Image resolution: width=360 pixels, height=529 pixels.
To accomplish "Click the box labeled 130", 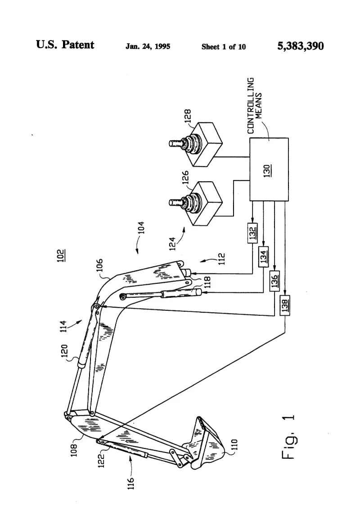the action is pos(269,169).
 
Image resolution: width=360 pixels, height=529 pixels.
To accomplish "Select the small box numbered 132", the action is pos(252,233).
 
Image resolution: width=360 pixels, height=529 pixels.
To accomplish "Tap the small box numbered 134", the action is pos(264,257).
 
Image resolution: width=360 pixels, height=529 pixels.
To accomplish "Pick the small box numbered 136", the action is pos(274,281).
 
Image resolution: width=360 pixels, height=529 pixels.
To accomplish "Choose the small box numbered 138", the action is pos(285,305).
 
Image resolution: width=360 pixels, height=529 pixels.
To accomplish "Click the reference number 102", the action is pos(61,256).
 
